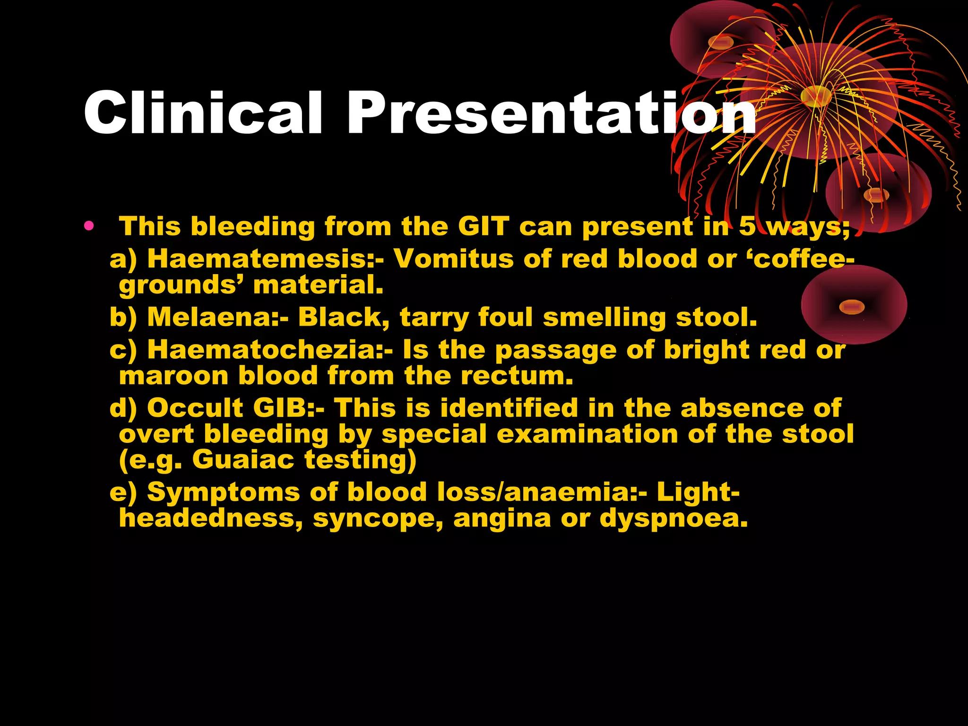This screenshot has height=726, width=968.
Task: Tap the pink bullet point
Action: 88,225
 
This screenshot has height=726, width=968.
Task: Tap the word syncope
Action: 378,519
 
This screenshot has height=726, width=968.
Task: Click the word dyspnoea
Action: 674,519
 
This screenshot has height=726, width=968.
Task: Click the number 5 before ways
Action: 747,226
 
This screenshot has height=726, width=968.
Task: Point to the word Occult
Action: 195,408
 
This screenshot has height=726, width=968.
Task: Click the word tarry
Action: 434,318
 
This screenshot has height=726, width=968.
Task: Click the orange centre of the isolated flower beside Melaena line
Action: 851,307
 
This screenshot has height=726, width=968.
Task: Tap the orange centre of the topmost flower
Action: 720,43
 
